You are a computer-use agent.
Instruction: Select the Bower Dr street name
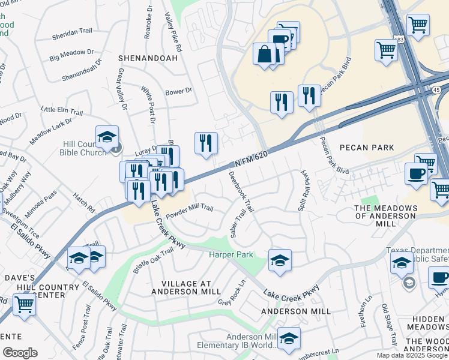click(178, 91)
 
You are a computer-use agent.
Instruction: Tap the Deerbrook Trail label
click(242, 192)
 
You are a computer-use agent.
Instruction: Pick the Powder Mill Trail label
click(190, 209)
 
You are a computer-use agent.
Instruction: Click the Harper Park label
click(231, 255)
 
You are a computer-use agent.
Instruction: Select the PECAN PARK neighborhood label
click(367, 148)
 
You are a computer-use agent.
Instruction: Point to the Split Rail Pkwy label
click(303, 190)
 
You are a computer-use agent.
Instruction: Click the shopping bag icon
click(264, 55)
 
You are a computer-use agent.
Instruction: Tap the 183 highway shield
click(399, 39)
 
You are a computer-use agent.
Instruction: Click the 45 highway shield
click(436, 90)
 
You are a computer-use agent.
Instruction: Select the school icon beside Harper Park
click(280, 260)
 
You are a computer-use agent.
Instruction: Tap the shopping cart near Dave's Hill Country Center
click(24, 303)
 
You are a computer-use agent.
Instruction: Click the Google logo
click(20, 353)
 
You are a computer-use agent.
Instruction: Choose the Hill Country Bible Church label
click(83, 148)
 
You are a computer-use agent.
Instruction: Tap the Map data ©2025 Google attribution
click(411, 355)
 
